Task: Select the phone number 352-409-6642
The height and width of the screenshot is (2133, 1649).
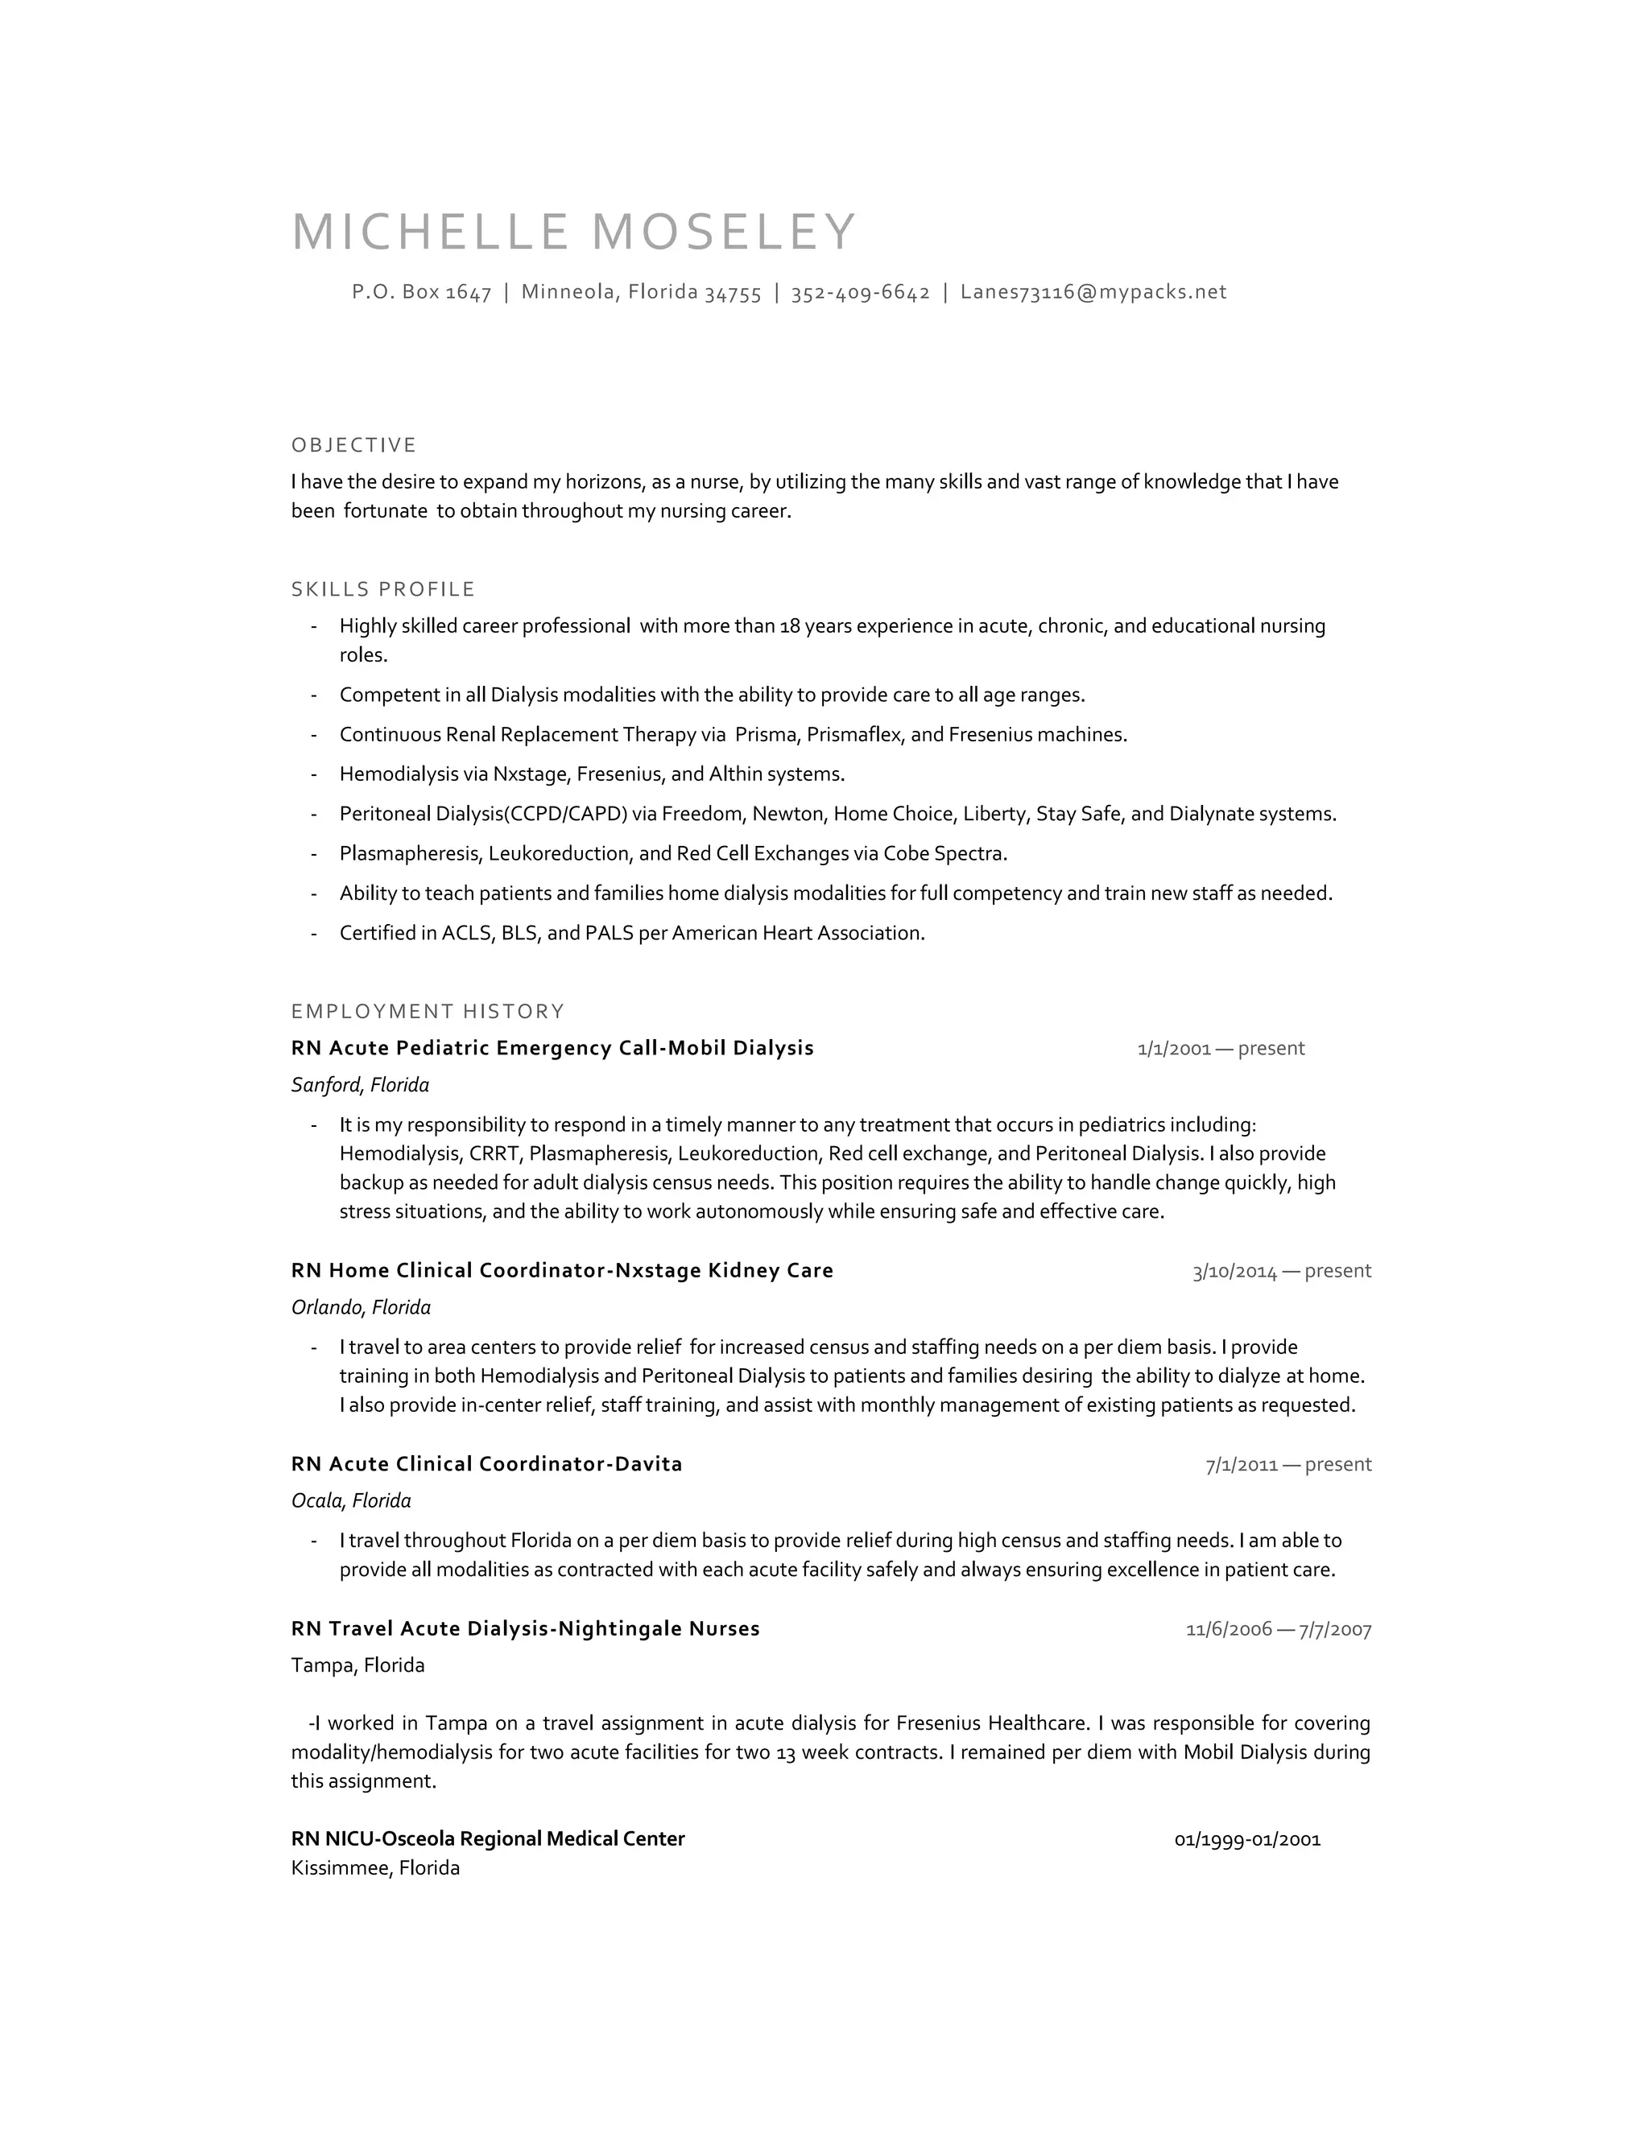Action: [x=860, y=292]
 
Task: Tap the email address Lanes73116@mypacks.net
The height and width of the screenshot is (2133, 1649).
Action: [x=1093, y=292]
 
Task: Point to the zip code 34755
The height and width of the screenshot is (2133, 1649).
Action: [x=733, y=293]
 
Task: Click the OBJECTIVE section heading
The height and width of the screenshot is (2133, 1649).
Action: [x=353, y=445]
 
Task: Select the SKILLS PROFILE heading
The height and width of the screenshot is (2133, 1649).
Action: [x=383, y=589]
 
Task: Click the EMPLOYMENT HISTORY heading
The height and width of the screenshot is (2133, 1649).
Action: [x=428, y=1011]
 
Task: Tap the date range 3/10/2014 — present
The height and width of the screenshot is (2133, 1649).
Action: [x=1281, y=1271]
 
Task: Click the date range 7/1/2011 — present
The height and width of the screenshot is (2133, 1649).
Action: [x=1287, y=1464]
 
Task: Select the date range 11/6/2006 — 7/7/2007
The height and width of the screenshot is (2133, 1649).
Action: [x=1278, y=1629]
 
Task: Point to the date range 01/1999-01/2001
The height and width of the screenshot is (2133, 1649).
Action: [x=1246, y=1839]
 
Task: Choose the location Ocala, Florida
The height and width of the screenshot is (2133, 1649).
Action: [x=351, y=1500]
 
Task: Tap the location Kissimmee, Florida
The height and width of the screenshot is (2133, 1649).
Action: [x=375, y=1867]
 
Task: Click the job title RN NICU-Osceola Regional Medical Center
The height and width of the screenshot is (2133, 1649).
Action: [x=487, y=1839]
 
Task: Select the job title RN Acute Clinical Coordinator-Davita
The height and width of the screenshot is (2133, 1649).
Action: [x=486, y=1464]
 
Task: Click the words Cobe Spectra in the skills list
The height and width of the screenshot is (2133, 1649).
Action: [x=944, y=853]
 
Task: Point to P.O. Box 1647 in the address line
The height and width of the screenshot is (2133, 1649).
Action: [x=421, y=292]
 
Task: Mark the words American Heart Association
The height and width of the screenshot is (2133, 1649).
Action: [x=797, y=933]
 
